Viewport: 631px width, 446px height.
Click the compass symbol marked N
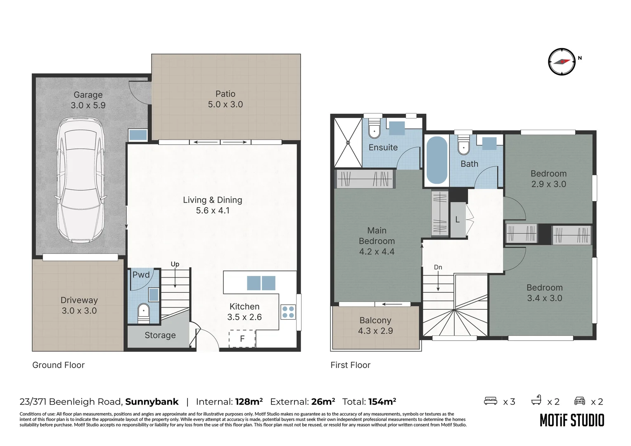tap(562, 62)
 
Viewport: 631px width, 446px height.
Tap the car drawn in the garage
tap(81, 180)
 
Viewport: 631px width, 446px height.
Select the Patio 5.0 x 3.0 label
tap(225, 99)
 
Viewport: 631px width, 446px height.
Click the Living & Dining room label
tap(212, 205)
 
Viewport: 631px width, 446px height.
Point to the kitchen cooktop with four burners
tap(288, 312)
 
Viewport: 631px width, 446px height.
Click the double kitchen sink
tap(261, 283)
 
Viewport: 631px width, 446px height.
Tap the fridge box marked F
tap(242, 339)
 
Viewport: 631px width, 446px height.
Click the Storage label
tap(160, 335)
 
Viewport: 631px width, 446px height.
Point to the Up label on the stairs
tap(175, 264)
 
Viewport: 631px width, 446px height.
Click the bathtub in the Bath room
tap(436, 160)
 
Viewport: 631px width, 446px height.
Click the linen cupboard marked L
tap(458, 220)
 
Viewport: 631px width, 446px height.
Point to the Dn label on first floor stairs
tap(438, 267)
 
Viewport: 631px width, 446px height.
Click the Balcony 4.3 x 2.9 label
tap(375, 325)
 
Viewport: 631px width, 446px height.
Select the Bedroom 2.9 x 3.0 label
tap(548, 179)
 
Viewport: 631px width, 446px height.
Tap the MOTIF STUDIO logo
tap(572, 420)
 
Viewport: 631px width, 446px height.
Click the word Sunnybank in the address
tap(152, 402)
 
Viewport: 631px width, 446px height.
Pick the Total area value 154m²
tap(382, 402)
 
